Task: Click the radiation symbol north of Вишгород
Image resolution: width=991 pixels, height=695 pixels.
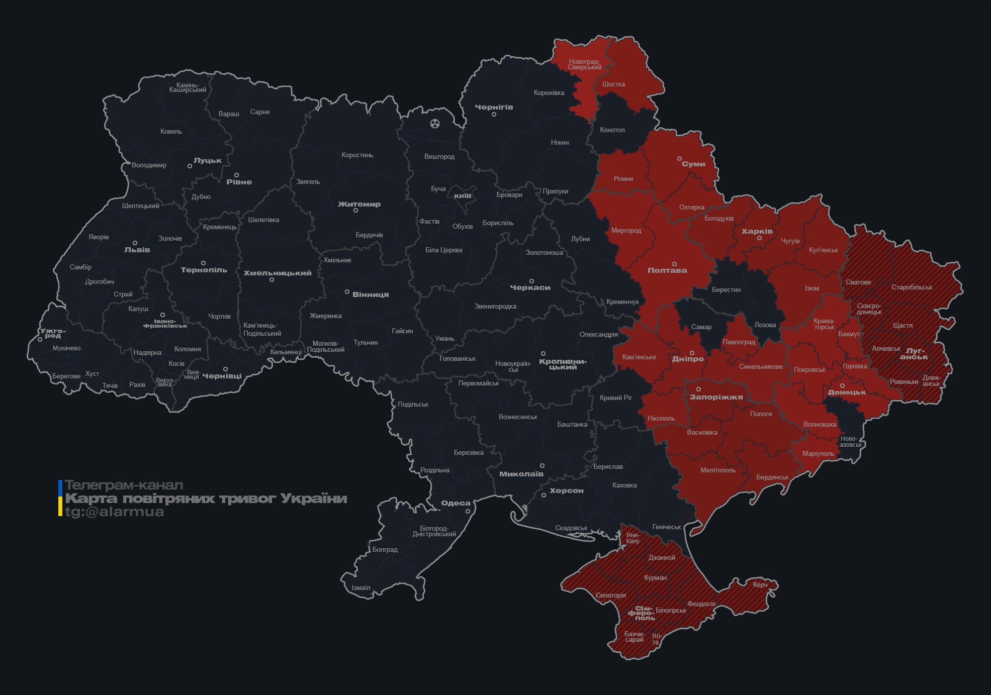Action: tap(435, 123)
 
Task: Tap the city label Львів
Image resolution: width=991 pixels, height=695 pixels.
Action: tap(137, 250)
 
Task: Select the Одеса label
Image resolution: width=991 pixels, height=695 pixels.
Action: tap(456, 503)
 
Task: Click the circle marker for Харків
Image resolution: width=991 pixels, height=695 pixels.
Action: tap(759, 238)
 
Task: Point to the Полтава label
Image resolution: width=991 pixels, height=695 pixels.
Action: tap(667, 270)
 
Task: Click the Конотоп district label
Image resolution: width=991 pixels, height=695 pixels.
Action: tap(612, 130)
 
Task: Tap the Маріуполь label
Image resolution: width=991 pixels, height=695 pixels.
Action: tap(818, 454)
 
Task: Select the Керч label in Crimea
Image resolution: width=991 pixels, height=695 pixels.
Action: tap(760, 584)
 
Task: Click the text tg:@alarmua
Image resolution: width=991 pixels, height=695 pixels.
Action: tap(114, 512)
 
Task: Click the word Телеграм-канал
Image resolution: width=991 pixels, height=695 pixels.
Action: tap(124, 485)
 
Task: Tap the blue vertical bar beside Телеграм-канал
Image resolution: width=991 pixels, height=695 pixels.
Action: tap(60, 487)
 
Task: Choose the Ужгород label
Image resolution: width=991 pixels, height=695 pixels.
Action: tap(52, 333)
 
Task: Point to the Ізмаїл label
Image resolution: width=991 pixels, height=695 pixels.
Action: tap(361, 588)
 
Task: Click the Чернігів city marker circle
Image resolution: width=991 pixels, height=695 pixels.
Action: tap(494, 115)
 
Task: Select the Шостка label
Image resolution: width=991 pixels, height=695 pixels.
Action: tap(613, 84)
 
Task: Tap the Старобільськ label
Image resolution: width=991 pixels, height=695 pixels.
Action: tap(911, 287)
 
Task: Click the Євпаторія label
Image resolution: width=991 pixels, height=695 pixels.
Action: tap(610, 595)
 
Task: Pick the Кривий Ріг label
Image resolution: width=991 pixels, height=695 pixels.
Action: tap(615, 398)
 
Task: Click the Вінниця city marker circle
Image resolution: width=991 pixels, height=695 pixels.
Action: tap(347, 292)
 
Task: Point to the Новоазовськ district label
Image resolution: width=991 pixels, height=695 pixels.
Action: tap(850, 442)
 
